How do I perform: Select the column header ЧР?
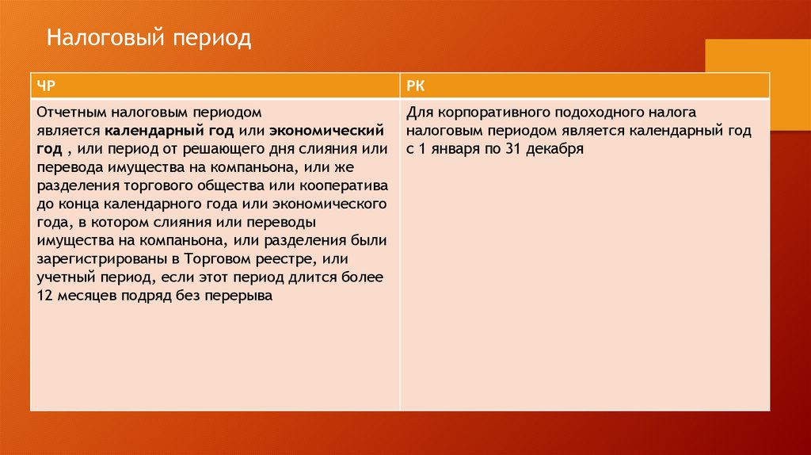coord(46,86)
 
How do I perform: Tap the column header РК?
coord(415,86)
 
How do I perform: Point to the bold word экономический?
coord(326,131)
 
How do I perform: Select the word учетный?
coord(67,277)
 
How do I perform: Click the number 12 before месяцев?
coord(45,296)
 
